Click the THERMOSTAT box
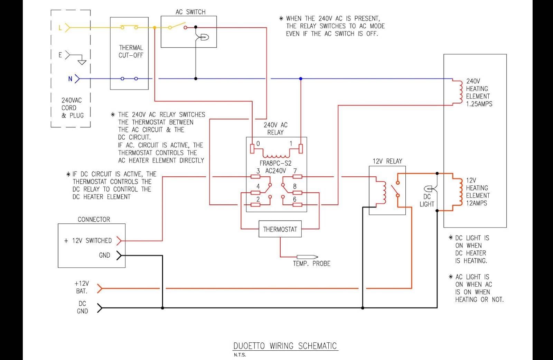(x=280, y=229)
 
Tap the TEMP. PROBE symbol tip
(x=318, y=257)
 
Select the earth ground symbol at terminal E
(x=82, y=62)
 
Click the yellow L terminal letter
(x=60, y=28)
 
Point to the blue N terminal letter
(x=71, y=79)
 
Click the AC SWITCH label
(x=190, y=12)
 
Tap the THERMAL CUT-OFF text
(x=131, y=52)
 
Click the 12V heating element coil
(x=460, y=192)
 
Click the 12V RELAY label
(x=387, y=161)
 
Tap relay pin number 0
(x=258, y=144)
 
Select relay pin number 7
(x=295, y=171)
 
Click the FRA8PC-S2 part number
(x=275, y=163)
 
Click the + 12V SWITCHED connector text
(x=88, y=240)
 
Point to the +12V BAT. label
(x=82, y=287)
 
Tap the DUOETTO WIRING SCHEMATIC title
(x=285, y=346)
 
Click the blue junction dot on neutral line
(x=301, y=79)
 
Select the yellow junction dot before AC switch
(x=154, y=27)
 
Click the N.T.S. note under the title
(x=240, y=355)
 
